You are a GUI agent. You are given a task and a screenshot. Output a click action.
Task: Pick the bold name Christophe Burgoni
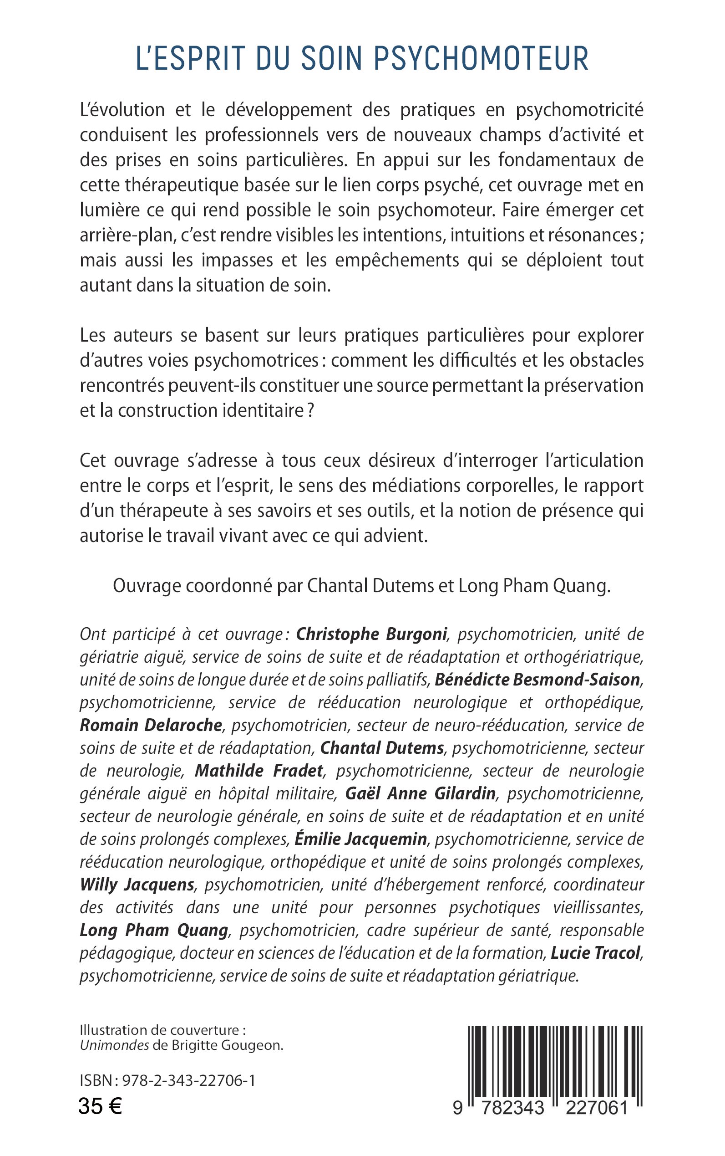coord(372,634)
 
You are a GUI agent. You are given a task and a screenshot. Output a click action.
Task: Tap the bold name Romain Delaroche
coord(151,725)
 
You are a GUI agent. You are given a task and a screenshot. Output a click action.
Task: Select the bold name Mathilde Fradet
coord(259,771)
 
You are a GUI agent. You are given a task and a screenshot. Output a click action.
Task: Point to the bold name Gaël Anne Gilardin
coord(421,794)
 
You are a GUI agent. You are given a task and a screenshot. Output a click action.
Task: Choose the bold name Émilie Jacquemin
coord(360,839)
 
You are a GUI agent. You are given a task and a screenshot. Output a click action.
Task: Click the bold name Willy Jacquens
coord(137,885)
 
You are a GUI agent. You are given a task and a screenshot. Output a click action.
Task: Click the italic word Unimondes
coord(114,1045)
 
